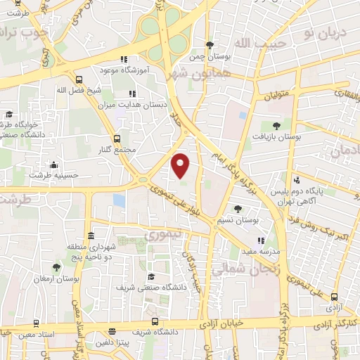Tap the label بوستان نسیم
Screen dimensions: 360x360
pos(238,220)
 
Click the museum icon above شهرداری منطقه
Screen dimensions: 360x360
pos(91,236)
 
